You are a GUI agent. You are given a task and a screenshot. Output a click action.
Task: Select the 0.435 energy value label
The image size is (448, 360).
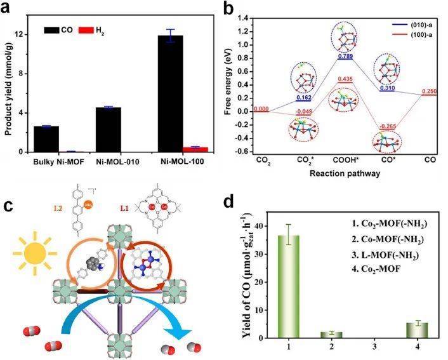pos(345,79)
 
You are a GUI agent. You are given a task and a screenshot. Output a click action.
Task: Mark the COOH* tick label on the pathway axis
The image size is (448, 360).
pos(345,162)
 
